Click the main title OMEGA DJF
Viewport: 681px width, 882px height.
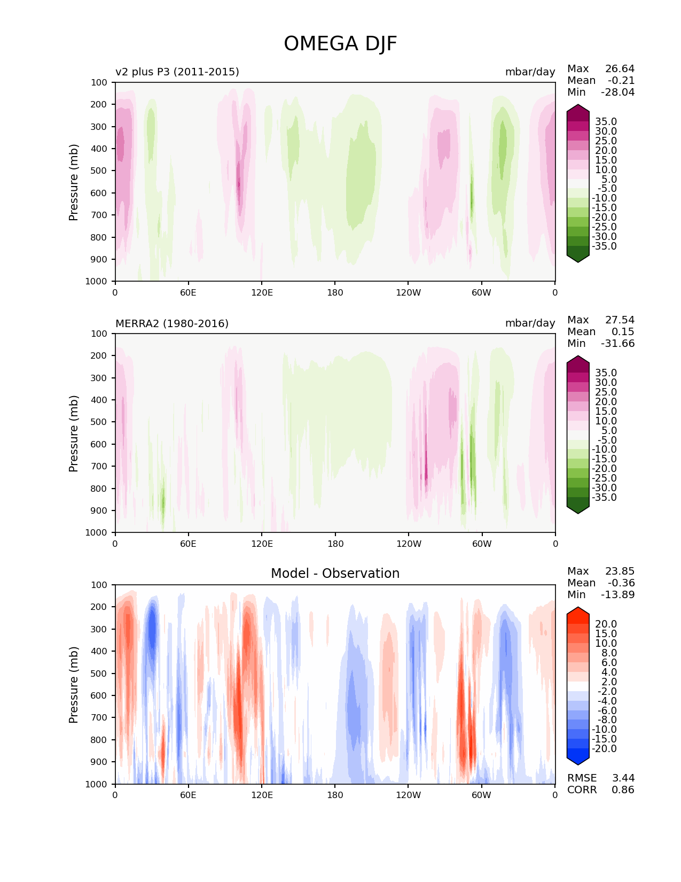click(340, 44)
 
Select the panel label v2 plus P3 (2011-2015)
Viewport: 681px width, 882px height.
click(177, 72)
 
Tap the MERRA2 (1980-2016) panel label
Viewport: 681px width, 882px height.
click(172, 323)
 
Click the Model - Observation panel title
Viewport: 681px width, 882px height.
click(335, 574)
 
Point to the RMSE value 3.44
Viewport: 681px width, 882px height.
click(623, 778)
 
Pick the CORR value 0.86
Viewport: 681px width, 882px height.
click(623, 790)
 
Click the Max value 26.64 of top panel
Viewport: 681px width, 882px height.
click(620, 68)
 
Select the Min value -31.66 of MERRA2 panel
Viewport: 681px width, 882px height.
click(618, 343)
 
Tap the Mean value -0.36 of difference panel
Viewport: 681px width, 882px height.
click(621, 583)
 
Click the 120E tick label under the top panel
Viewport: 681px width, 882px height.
click(262, 292)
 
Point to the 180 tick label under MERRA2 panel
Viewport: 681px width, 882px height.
click(335, 544)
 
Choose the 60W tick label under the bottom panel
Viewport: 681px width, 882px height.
click(481, 795)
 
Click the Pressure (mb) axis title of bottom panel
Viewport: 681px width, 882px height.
click(74, 684)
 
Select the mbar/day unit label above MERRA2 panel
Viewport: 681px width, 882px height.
click(530, 323)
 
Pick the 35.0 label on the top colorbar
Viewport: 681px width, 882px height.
click(606, 122)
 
